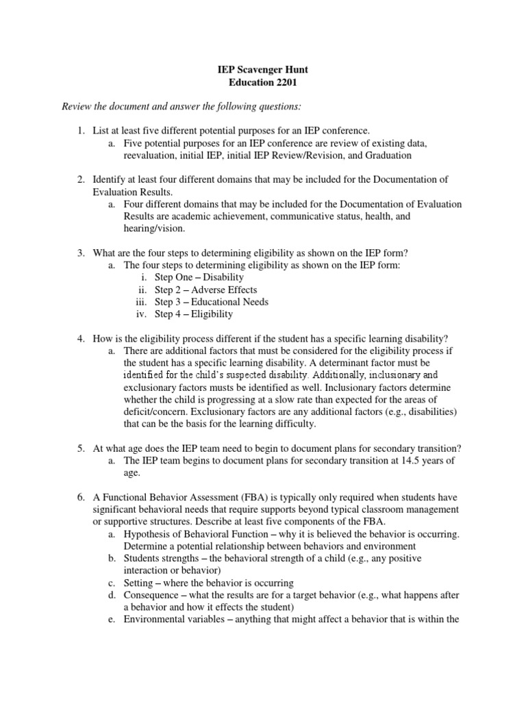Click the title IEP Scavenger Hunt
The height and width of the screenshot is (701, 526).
(262, 70)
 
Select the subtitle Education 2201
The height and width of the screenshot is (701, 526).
(262, 83)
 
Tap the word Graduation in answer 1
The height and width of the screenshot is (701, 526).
(388, 155)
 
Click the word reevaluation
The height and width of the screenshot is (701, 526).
(151, 155)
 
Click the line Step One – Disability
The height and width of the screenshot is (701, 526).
(199, 277)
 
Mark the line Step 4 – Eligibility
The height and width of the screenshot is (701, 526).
(194, 314)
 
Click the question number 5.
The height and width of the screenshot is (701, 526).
(79, 449)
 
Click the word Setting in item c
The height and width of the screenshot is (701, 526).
(139, 583)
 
